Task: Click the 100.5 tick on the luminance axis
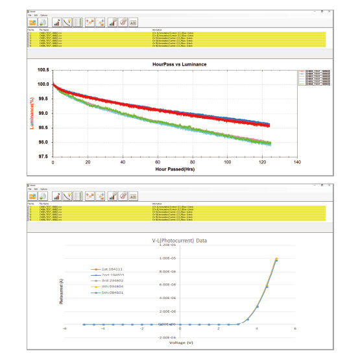[43, 69]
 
